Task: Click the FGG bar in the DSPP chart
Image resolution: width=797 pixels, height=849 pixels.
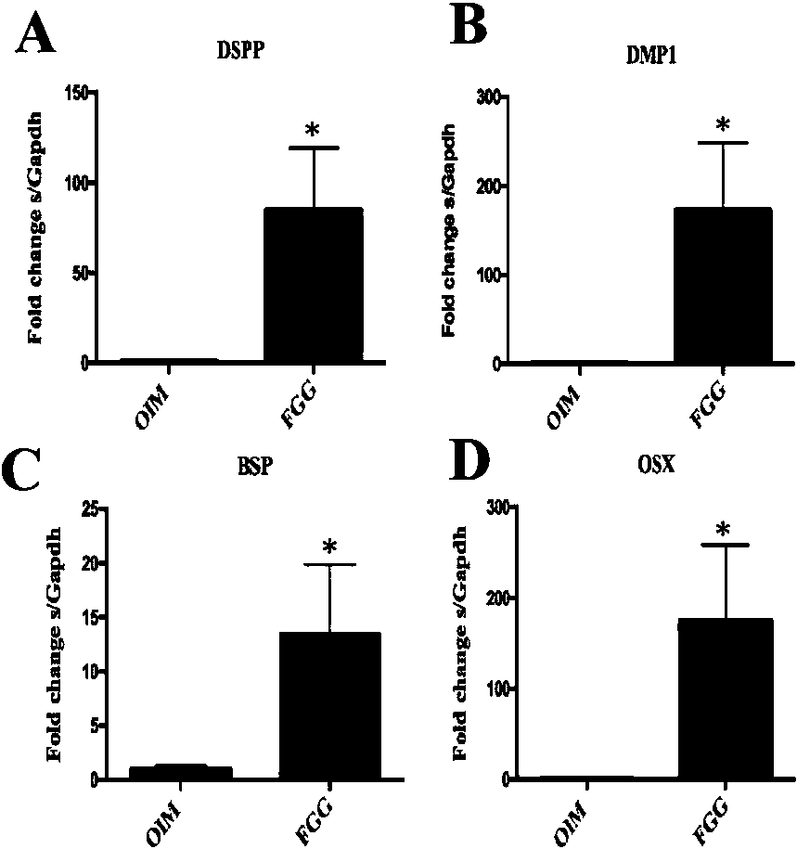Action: click(x=313, y=286)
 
